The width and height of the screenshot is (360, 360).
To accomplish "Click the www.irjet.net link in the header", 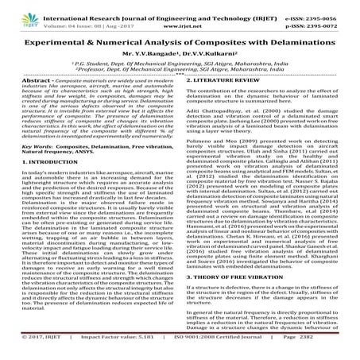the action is click(x=180, y=19).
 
